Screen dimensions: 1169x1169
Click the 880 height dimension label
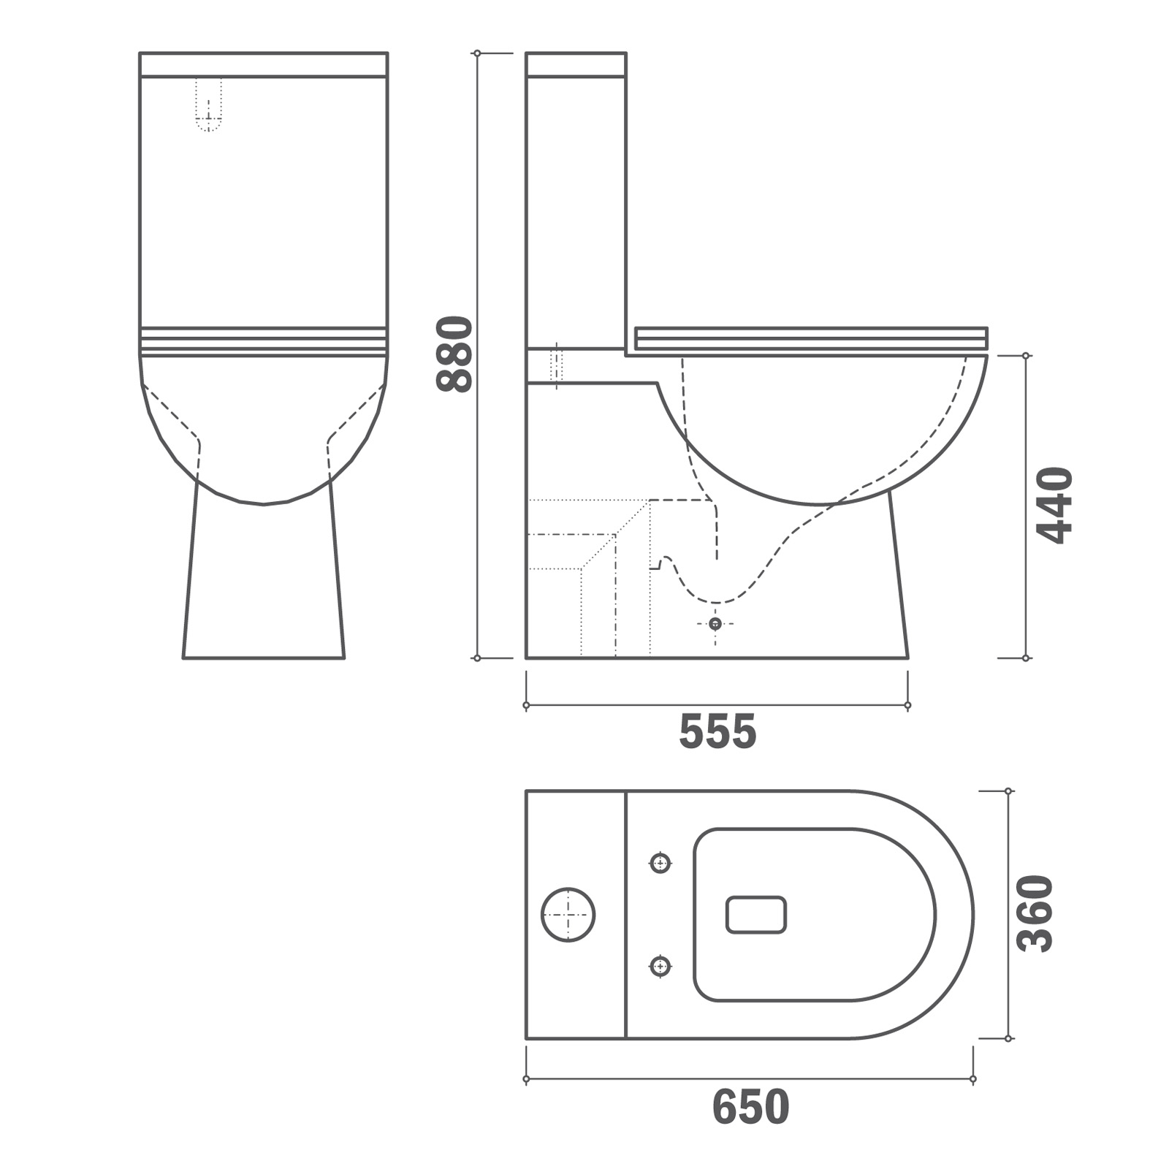coord(454,354)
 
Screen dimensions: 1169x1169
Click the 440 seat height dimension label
coord(1055,506)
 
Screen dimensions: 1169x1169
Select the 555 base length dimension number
coord(717,732)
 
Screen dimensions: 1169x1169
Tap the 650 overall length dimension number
coord(750,1107)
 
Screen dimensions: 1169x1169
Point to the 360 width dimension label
coord(1035,913)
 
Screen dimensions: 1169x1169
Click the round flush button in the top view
coord(568,915)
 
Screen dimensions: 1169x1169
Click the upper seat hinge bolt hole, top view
coord(660,864)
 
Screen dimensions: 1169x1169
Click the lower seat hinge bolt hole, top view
coord(660,967)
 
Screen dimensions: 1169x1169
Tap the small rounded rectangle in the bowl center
coord(756,915)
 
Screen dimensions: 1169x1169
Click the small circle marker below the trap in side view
coord(715,623)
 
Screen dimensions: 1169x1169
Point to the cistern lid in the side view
coord(576,64)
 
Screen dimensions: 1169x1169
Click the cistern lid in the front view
coord(263,64)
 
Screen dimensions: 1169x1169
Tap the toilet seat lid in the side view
coord(811,338)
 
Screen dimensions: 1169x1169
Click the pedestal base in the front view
coord(263,584)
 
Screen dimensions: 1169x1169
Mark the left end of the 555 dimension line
coord(526,706)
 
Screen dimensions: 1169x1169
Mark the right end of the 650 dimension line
coord(972,1079)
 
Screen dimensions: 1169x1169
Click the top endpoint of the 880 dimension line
coord(477,53)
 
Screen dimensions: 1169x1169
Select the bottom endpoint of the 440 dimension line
coord(1026,658)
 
